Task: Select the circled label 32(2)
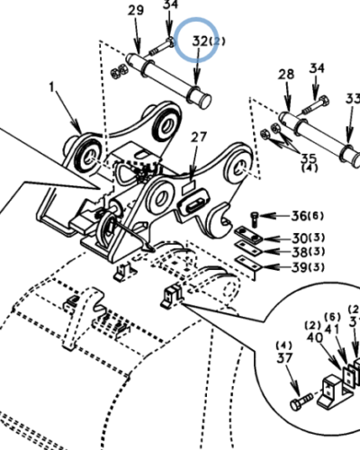point(197,40)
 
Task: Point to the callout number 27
point(198,137)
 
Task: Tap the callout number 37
point(283,361)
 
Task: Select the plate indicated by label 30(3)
point(247,237)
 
